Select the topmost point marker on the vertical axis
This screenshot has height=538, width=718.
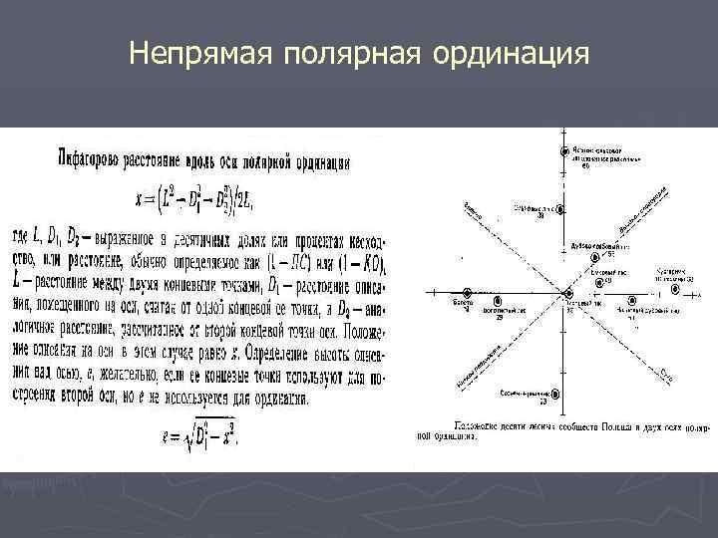tap(566, 149)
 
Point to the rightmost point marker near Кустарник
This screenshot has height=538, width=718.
tap(688, 282)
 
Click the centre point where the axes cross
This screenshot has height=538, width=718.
tap(566, 295)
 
